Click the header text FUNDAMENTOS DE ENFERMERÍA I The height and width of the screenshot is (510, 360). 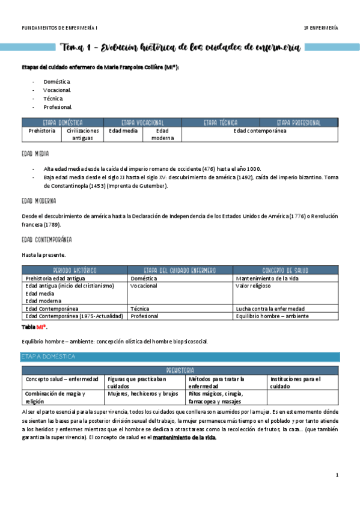tap(59, 28)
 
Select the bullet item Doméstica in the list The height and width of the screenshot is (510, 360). tap(57, 81)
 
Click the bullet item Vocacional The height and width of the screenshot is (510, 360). tap(58, 90)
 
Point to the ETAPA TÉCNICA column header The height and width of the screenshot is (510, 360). tap(221, 122)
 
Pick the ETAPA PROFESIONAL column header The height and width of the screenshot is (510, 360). tap(299, 122)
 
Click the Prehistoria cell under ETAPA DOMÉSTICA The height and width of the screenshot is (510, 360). tap(42, 131)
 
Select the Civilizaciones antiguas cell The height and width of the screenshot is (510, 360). tap(83, 134)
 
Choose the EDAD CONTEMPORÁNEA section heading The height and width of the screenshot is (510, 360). tap(46, 240)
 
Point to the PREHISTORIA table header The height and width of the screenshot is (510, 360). tap(180, 370)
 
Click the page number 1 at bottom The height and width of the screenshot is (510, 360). tap(337, 476)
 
